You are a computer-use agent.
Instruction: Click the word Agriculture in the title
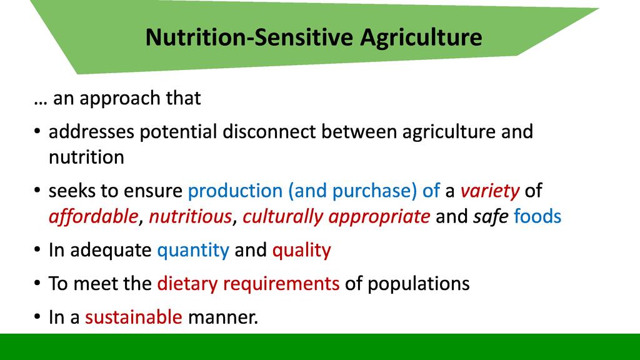tap(421, 37)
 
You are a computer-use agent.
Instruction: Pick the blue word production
tap(235, 191)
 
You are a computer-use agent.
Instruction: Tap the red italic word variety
tap(490, 191)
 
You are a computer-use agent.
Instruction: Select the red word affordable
tap(94, 216)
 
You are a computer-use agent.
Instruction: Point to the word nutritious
tap(190, 216)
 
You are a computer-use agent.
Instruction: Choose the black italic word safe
tap(491, 216)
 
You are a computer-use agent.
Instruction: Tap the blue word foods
tap(537, 216)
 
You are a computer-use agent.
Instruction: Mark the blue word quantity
tap(193, 251)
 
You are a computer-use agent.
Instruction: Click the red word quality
tap(302, 251)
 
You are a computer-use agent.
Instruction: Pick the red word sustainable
tap(134, 317)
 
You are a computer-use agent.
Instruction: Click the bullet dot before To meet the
tap(37, 283)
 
